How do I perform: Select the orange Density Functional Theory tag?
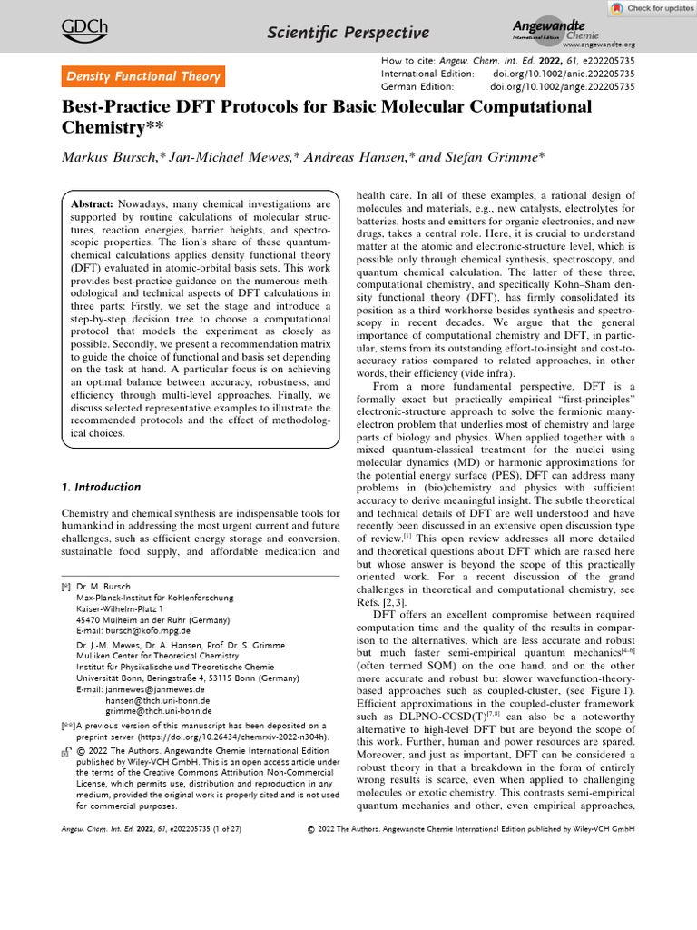142,77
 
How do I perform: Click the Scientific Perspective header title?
348,34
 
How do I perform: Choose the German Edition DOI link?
562,86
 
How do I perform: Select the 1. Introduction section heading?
101,487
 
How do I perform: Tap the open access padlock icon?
66,753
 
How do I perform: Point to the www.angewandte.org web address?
599,44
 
